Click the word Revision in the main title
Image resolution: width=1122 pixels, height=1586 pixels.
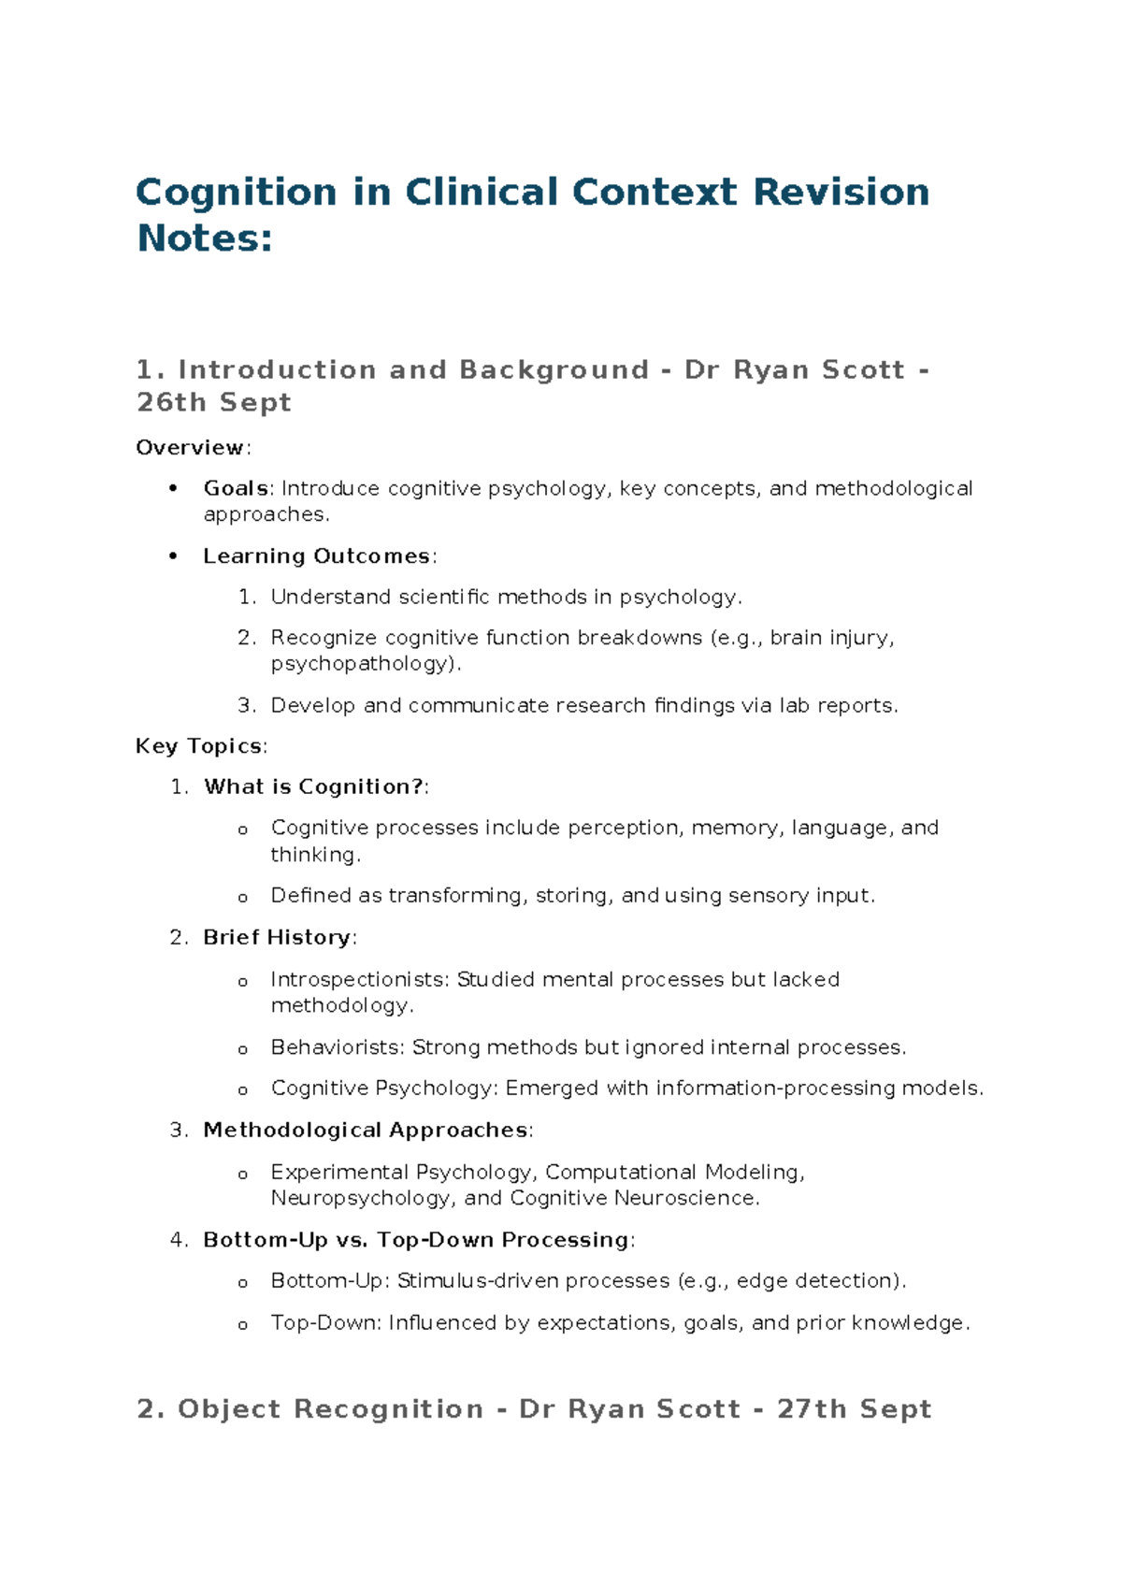(841, 193)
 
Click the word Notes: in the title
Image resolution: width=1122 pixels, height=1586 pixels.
(205, 238)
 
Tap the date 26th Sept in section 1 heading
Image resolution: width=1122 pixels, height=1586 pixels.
(213, 402)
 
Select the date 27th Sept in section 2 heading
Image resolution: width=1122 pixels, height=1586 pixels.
(854, 1409)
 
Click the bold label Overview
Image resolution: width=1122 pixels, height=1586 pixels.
(191, 448)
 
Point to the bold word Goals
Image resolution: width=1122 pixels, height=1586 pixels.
(236, 488)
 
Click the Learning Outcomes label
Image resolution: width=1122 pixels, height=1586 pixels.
(316, 556)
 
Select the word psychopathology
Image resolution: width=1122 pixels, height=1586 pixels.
(364, 664)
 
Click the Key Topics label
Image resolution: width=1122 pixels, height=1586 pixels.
(199, 746)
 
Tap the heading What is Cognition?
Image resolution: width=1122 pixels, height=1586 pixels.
(314, 787)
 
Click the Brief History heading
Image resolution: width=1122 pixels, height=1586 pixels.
(277, 938)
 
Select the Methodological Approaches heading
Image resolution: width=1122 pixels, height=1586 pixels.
(366, 1131)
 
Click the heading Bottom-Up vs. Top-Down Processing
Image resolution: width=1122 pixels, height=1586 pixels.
(416, 1240)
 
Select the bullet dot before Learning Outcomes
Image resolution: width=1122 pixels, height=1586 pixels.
(173, 556)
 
